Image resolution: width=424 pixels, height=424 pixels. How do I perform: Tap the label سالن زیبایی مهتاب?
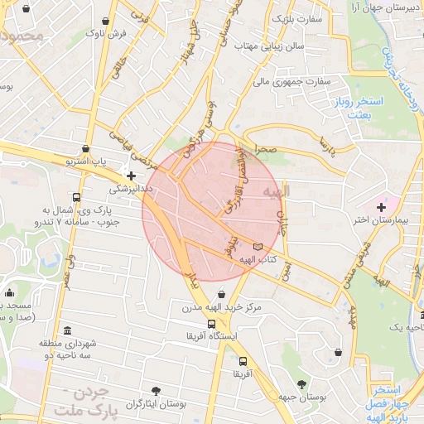[x=281, y=46]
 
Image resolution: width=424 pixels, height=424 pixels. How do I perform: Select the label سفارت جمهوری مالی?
[x=292, y=82]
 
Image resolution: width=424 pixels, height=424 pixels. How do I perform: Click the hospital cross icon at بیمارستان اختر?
[x=381, y=205]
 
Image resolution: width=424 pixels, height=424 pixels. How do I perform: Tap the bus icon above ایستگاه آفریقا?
[x=212, y=324]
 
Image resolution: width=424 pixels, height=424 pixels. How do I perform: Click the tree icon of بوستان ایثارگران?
[x=156, y=389]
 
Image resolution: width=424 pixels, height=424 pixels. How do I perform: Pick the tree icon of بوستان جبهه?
[x=301, y=383]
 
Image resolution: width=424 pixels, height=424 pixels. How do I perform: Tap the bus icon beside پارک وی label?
[x=76, y=197]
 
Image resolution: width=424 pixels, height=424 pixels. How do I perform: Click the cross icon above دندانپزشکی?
[x=131, y=175]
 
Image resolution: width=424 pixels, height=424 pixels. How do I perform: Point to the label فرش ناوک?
[x=107, y=34]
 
